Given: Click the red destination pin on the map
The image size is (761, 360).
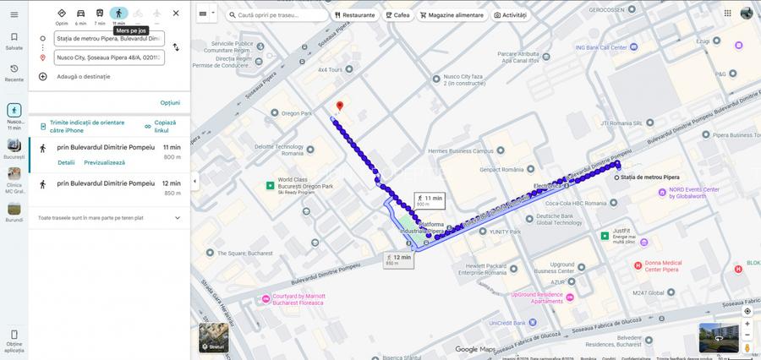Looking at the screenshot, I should point(339,107).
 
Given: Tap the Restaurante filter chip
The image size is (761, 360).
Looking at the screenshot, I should point(354,15).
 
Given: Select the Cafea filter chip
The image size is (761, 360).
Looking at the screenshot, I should point(397,15).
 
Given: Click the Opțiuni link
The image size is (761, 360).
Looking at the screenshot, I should point(170,102).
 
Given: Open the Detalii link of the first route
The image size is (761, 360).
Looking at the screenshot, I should point(66,162).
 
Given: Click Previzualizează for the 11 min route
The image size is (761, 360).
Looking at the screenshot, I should point(104,162).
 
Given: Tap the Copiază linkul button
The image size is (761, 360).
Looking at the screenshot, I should point(161,126).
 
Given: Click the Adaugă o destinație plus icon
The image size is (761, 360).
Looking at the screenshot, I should point(43,76).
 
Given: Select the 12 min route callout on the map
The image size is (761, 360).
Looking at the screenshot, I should point(398,259).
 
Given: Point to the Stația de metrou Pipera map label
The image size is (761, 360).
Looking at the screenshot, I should point(649,177).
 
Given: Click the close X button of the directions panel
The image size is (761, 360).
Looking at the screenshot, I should point(175,13).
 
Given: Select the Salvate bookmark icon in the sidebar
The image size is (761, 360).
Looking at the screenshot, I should point(14,37).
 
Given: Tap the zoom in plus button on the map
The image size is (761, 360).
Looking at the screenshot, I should point(747,324).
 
